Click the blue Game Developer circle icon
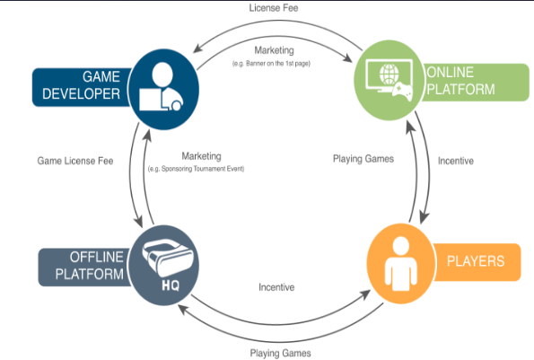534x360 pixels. click(164, 90)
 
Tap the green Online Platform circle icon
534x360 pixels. click(390, 81)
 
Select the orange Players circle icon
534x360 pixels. click(401, 264)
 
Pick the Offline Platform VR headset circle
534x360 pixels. click(164, 266)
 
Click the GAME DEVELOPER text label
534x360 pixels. click(81, 85)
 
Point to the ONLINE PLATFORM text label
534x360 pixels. click(460, 81)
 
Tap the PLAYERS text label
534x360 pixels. click(476, 261)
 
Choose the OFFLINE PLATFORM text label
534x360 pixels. click(89, 266)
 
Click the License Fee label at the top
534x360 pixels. click(274, 8)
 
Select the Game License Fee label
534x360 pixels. click(75, 161)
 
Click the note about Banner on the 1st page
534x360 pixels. click(271, 64)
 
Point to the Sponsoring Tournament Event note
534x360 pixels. click(197, 169)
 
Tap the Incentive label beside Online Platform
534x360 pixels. click(456, 161)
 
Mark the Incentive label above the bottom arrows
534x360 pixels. click(276, 287)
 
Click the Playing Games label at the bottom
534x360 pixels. click(280, 353)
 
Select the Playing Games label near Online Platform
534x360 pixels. click(363, 159)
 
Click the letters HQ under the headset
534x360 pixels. click(171, 285)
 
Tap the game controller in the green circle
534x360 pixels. click(402, 92)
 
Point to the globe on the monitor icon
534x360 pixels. click(390, 75)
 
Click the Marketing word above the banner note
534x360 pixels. click(274, 50)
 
